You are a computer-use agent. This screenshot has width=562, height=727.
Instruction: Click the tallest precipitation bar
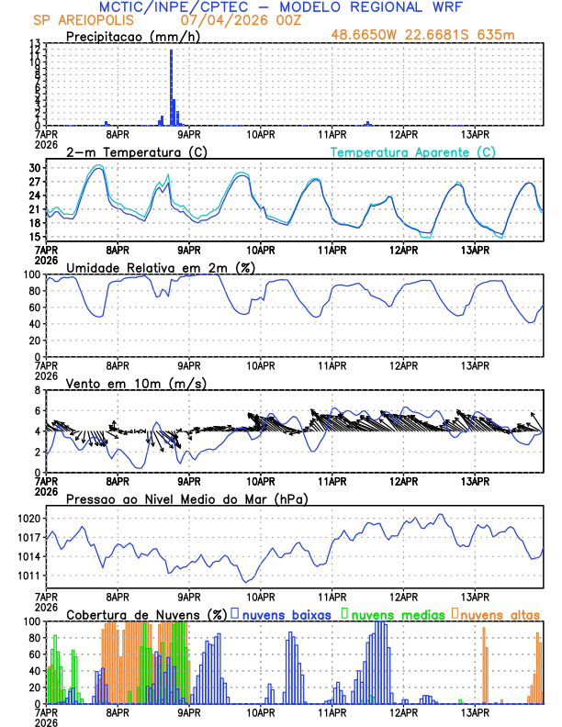(171, 87)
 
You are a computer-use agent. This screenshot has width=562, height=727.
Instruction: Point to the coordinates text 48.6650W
(366, 36)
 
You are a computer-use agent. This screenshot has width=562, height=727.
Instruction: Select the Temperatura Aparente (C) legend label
(413, 151)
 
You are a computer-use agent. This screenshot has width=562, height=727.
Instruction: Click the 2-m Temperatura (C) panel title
(130, 151)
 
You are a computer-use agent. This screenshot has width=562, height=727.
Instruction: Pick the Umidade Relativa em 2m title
(161, 267)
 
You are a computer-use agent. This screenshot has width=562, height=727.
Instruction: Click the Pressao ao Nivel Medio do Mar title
(187, 498)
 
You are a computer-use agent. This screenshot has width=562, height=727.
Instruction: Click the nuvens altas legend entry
(500, 614)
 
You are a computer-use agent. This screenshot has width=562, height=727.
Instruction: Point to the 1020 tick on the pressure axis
(30, 519)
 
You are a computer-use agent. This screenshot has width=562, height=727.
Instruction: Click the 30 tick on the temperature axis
(35, 169)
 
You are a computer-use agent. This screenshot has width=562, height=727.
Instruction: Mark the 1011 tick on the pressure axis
(30, 576)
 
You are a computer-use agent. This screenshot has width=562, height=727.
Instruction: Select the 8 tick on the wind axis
(39, 390)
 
